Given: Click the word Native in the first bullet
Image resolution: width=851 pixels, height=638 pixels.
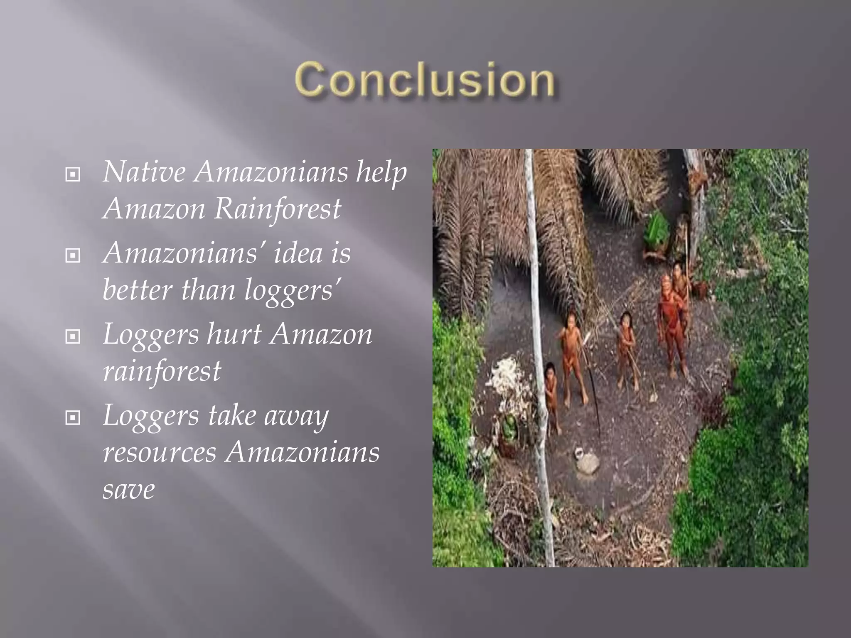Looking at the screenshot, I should (x=144, y=172).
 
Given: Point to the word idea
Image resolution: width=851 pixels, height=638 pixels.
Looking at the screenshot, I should (x=298, y=253).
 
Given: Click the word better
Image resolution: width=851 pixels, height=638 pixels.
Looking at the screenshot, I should (x=137, y=290).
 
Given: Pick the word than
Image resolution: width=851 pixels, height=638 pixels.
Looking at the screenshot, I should (x=208, y=290).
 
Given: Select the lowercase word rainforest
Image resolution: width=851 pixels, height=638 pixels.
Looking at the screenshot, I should (x=162, y=371).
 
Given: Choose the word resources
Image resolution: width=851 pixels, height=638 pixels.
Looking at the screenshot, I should (x=160, y=452).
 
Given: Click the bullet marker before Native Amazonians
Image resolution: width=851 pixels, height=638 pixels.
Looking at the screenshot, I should (x=73, y=174).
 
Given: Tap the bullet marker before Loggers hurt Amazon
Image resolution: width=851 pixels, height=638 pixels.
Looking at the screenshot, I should (x=73, y=336).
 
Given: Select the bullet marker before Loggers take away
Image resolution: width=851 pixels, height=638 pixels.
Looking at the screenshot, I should (x=73, y=417).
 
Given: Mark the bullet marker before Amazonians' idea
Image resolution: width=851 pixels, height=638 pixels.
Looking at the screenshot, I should (x=73, y=255).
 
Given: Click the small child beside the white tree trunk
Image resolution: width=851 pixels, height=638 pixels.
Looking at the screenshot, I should (x=551, y=395).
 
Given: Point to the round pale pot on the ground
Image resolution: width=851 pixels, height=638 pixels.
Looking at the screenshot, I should (x=587, y=462).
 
